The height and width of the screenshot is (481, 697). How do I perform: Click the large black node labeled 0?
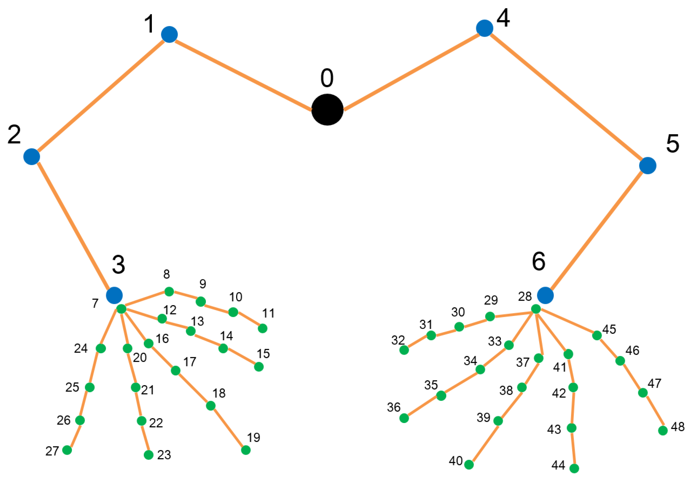point(327,110)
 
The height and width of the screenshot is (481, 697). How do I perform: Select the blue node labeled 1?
point(169,35)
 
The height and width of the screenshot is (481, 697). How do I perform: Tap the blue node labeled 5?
point(648,165)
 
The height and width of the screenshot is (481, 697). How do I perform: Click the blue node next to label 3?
point(114,295)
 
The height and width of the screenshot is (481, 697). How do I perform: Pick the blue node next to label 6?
point(545,295)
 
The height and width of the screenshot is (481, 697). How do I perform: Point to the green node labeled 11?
point(262,328)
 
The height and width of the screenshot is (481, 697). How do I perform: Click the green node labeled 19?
point(246,450)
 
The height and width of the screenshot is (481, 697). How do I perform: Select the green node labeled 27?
point(67,450)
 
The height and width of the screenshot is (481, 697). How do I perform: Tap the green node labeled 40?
point(469,465)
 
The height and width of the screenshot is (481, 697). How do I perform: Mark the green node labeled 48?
point(663,431)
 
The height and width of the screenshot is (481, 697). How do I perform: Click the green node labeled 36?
point(404,418)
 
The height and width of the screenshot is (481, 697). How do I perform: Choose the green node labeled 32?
point(404,350)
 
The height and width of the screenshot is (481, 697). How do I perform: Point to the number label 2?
point(14,134)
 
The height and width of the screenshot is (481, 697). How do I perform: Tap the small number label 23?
point(164,455)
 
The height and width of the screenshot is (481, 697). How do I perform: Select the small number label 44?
point(558,465)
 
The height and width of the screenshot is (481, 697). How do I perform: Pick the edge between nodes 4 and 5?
point(566,97)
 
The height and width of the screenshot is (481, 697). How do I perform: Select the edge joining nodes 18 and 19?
point(228,428)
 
